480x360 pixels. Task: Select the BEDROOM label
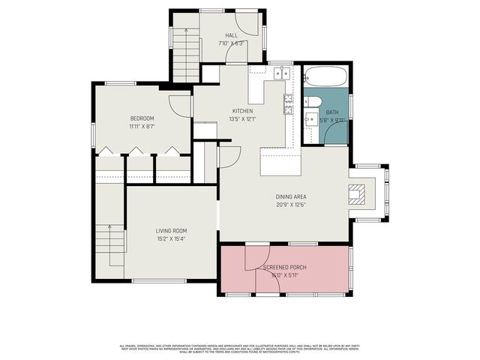coord(142,118)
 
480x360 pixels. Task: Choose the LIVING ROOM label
coord(171,230)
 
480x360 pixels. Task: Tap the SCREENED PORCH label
coord(285,267)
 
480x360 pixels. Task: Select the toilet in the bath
coord(314,103)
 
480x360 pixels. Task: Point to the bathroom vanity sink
coord(310,119)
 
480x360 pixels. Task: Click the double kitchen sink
coord(283,73)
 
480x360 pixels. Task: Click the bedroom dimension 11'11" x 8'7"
coord(142,127)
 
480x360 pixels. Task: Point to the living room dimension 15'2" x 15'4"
coord(171,239)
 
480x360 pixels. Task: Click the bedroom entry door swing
coord(181,105)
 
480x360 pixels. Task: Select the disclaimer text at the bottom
coord(240,348)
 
